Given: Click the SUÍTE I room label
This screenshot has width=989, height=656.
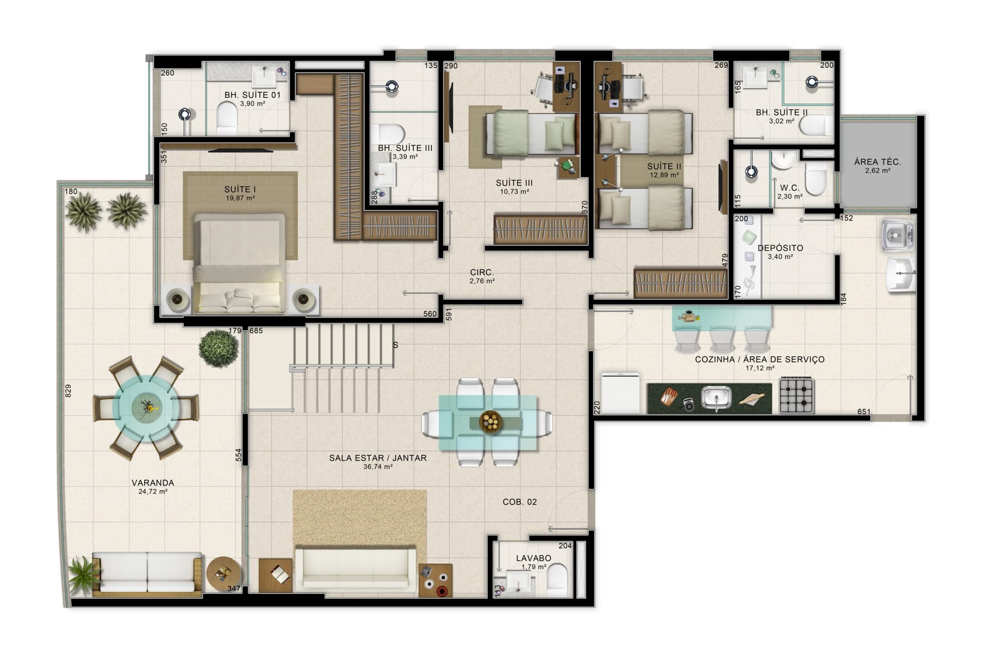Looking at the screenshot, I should [x=240, y=189].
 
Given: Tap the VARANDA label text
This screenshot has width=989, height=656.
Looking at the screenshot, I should [x=152, y=483].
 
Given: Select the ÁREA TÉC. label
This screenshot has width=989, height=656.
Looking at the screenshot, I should [x=877, y=162].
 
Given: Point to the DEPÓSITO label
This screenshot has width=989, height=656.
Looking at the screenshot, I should [x=780, y=248].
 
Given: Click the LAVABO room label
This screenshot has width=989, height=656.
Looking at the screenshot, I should [x=533, y=558].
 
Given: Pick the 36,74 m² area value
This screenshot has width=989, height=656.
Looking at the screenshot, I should [x=378, y=467].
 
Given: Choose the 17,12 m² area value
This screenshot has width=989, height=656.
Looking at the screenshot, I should [x=759, y=368].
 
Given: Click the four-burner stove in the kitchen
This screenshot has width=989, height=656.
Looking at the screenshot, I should [x=796, y=395].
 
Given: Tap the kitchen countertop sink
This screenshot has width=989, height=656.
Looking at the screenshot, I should [x=716, y=398].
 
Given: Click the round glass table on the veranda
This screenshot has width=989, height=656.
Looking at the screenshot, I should [x=145, y=407].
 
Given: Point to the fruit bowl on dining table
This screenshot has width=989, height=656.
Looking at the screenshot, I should [x=490, y=422].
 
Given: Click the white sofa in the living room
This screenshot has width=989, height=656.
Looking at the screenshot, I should [x=355, y=569].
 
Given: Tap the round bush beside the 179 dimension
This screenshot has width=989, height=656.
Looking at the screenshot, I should [x=219, y=348].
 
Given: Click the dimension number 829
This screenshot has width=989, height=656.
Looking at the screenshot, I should [x=69, y=391].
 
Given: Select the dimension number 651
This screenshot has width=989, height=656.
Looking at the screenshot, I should [x=864, y=411].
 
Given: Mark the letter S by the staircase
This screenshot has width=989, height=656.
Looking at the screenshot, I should [x=395, y=345].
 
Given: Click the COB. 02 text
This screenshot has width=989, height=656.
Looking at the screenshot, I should [x=519, y=502].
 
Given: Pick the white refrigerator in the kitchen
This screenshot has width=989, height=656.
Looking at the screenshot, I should [x=620, y=393].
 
